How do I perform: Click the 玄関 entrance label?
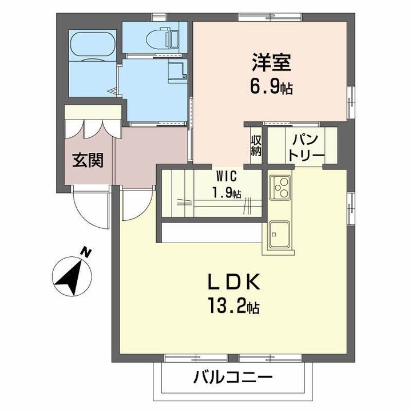[x=87, y=160]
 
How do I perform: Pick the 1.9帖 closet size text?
[x=227, y=192]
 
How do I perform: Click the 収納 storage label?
[x=255, y=145]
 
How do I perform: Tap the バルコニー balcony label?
[x=232, y=378]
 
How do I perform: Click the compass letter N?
[x=86, y=252]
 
